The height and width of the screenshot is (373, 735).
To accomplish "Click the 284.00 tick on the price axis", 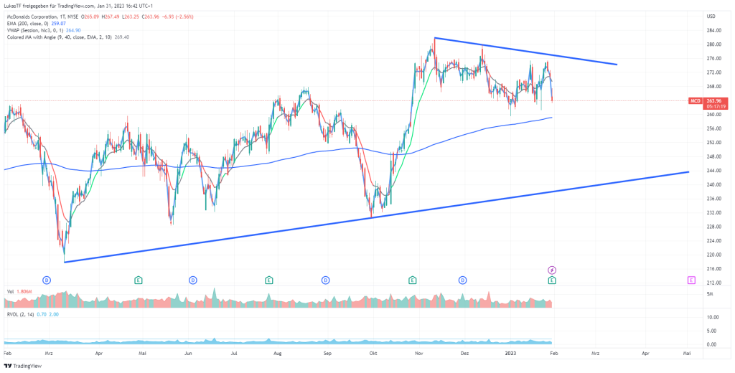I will click(x=713, y=31).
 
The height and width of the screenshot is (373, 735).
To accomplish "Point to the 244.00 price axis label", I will click(x=713, y=171).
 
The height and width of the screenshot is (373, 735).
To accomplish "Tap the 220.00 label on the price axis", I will click(x=713, y=255).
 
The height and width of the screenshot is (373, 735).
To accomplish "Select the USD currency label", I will click(x=711, y=16).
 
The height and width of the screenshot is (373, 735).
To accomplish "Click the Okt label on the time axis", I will click(x=373, y=354).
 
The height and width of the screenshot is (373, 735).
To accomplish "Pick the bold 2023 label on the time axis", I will click(x=510, y=354).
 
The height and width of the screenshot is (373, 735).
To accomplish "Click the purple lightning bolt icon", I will click(x=552, y=269).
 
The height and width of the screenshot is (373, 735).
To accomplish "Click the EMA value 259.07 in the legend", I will click(x=57, y=23).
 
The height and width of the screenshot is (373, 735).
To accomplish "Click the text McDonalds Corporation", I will click(x=33, y=16).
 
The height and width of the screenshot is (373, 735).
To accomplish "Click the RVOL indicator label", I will click(x=14, y=313).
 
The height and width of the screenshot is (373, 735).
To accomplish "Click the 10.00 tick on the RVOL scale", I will click(x=713, y=317).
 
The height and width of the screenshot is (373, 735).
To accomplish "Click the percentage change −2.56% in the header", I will click(x=202, y=16).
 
